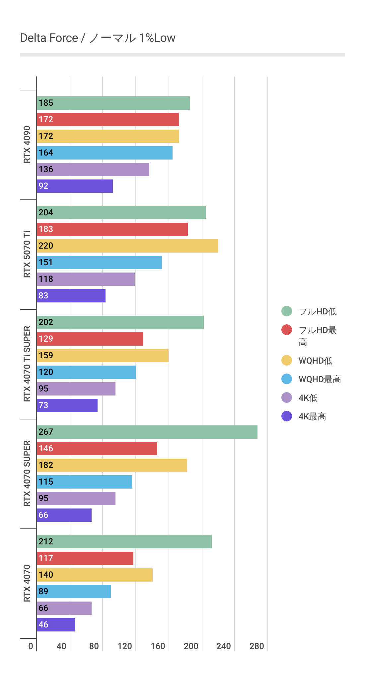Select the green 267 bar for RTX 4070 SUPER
(x=147, y=432)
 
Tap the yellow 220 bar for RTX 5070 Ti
(x=127, y=246)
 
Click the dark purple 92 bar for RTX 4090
(x=75, y=186)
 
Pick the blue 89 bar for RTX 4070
(x=74, y=592)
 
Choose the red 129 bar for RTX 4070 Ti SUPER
(x=90, y=339)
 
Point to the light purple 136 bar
(x=93, y=169)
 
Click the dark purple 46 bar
(x=56, y=625)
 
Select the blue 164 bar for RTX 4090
(x=105, y=153)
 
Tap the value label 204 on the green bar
(x=46, y=213)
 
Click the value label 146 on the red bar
(x=46, y=449)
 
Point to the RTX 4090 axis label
(x=27, y=145)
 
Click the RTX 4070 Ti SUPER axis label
(x=27, y=364)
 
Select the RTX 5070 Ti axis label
(x=27, y=254)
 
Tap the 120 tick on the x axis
(x=125, y=646)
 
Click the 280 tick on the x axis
(x=257, y=646)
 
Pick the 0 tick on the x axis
(x=31, y=646)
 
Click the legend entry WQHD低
(x=315, y=361)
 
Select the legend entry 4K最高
(x=312, y=416)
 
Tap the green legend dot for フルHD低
(x=287, y=311)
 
